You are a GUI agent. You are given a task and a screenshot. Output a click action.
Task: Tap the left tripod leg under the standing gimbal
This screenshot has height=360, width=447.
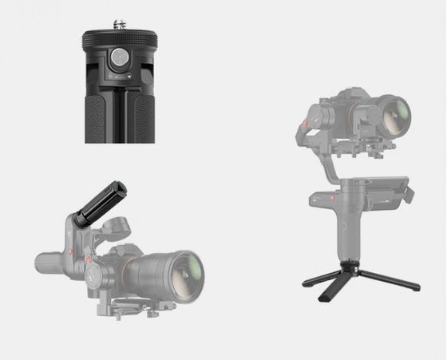pos(316,279)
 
